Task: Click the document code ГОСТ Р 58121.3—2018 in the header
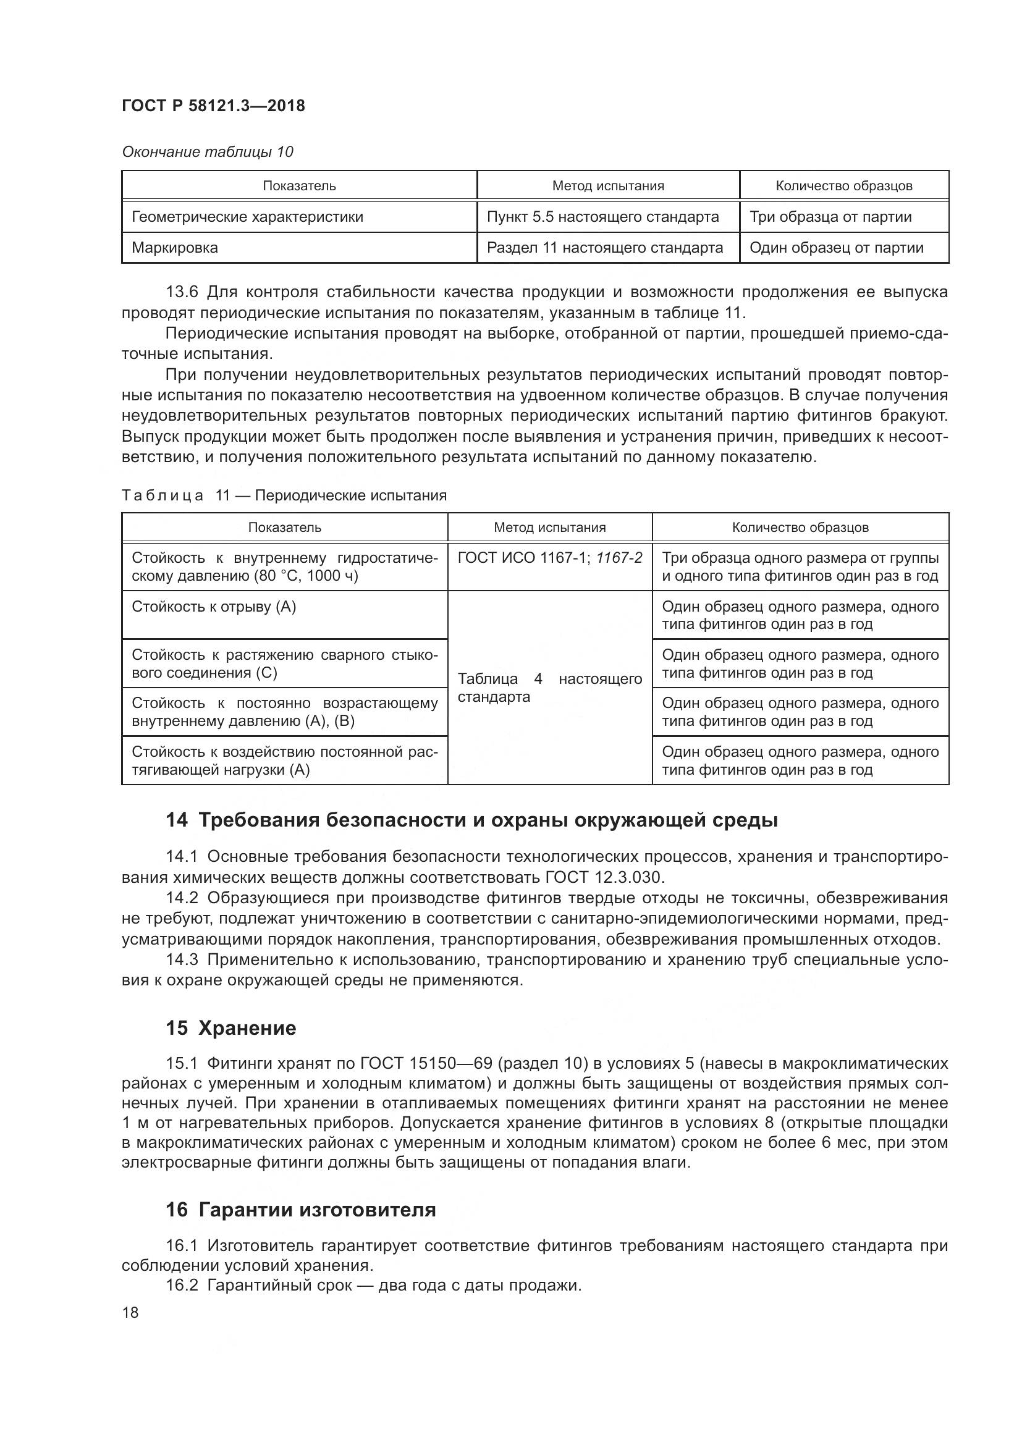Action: tap(213, 106)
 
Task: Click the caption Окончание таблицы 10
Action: tap(207, 152)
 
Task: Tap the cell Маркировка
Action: tap(175, 248)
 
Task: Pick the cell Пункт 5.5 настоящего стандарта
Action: tap(602, 217)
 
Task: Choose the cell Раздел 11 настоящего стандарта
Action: tap(605, 248)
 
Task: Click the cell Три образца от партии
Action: tap(830, 217)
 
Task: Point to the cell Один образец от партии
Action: tap(837, 248)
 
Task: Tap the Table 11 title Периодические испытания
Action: tap(350, 495)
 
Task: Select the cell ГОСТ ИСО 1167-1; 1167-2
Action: tap(550, 558)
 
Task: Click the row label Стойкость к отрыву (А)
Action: tap(214, 607)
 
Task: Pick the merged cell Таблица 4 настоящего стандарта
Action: tap(549, 687)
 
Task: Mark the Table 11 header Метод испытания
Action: tap(549, 528)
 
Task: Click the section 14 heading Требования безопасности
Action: tap(472, 820)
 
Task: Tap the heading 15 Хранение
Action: tap(231, 1029)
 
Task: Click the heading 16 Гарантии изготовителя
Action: tap(301, 1210)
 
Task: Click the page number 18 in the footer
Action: tap(130, 1313)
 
